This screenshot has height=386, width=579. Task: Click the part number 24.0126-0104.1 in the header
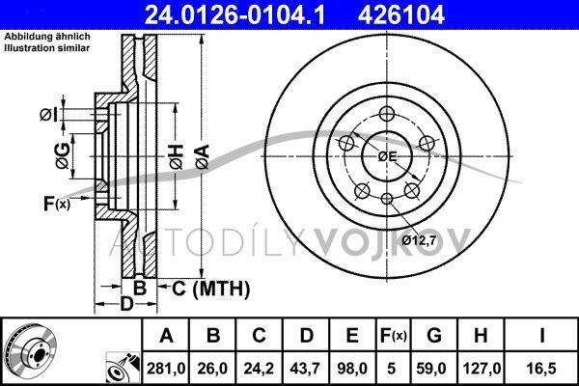(x=234, y=14)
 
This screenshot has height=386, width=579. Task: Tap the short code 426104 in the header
(x=400, y=14)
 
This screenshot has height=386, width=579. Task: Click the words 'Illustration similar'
(x=47, y=48)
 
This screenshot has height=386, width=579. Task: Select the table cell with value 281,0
(x=166, y=369)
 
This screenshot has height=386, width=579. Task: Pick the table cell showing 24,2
(x=259, y=369)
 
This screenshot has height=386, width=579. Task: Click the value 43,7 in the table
(x=305, y=369)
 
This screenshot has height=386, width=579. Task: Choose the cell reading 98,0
(x=352, y=369)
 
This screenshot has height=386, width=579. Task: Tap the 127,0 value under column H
(x=481, y=369)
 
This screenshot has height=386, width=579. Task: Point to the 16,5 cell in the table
(x=541, y=369)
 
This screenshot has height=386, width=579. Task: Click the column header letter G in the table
(x=434, y=336)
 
